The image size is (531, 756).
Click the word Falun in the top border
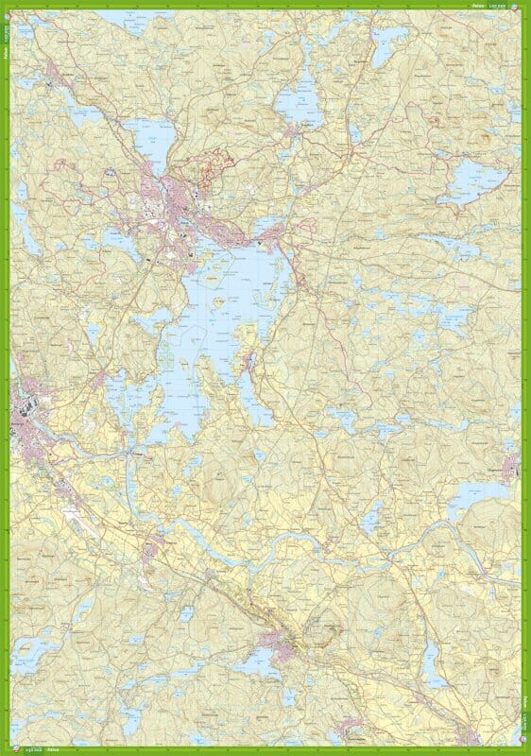pos(477,6)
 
